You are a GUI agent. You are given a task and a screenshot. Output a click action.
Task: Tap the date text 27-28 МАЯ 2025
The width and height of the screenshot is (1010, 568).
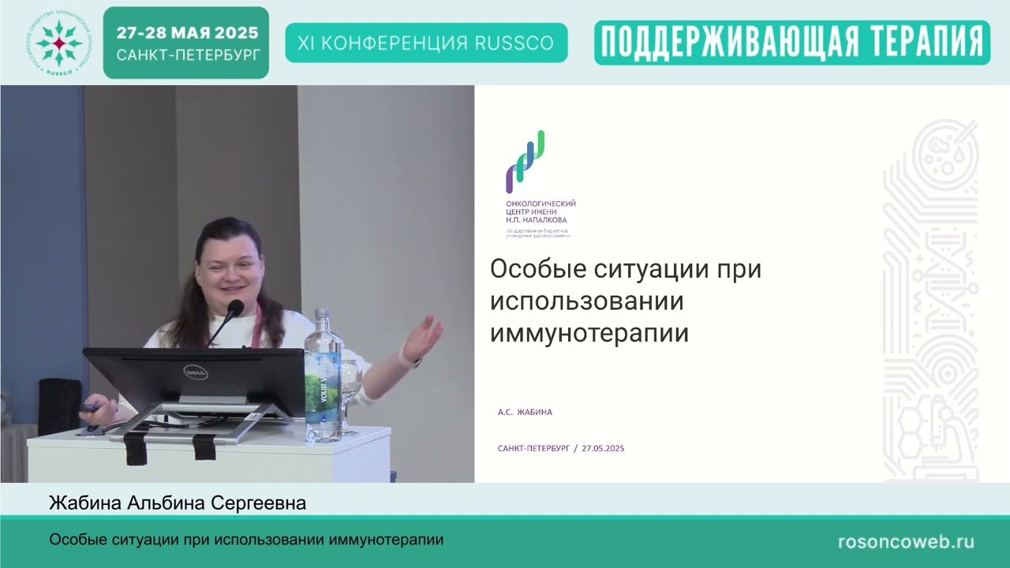[x=187, y=33]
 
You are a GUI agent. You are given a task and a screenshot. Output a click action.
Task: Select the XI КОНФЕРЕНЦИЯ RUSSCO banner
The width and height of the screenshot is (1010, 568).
[x=426, y=43]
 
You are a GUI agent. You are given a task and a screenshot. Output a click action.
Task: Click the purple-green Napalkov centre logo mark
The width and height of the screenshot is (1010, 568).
[x=526, y=162]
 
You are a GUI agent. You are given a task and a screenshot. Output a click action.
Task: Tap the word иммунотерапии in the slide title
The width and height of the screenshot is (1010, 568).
[x=589, y=333]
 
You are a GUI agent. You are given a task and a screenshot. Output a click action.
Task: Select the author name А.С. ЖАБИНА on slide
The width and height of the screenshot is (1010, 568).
[x=525, y=412]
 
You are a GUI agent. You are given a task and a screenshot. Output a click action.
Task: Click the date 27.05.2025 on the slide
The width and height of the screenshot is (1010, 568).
[x=603, y=448]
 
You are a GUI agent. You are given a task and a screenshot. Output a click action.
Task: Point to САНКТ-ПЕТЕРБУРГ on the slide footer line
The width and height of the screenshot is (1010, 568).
[x=533, y=448]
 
